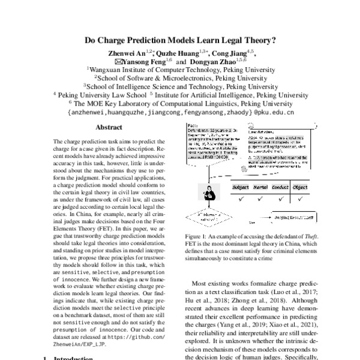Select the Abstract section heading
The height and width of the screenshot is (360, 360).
pyautogui.click(x=109, y=128)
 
